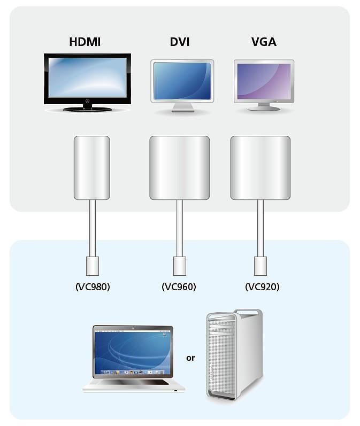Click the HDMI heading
pos(85,42)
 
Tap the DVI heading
pos(180,42)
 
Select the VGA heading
pos(264,42)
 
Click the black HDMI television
pos(87,82)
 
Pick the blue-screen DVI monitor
pos(182,86)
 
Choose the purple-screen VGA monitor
pos(264,85)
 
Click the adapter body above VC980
pos(92,168)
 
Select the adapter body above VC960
pos(179,168)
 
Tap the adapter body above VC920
pos(260,168)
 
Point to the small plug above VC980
pos(93,266)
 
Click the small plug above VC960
pos(179,266)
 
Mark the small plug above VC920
pos(261,266)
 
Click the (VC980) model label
pos(93,287)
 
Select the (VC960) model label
pos(179,287)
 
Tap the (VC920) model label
pos(263,287)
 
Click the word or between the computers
pos(190,358)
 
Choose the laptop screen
pos(133,352)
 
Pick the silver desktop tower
pos(234,355)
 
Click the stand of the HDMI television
pos(88,109)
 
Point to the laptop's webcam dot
pos(133,329)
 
